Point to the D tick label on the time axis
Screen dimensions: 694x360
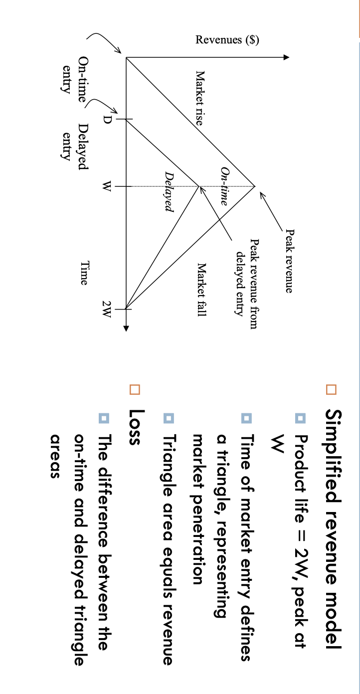point(106,120)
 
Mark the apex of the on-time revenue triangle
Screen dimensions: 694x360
point(255,186)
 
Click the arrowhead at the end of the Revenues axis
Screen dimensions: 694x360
point(286,57)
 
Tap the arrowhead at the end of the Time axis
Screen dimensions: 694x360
point(126,328)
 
